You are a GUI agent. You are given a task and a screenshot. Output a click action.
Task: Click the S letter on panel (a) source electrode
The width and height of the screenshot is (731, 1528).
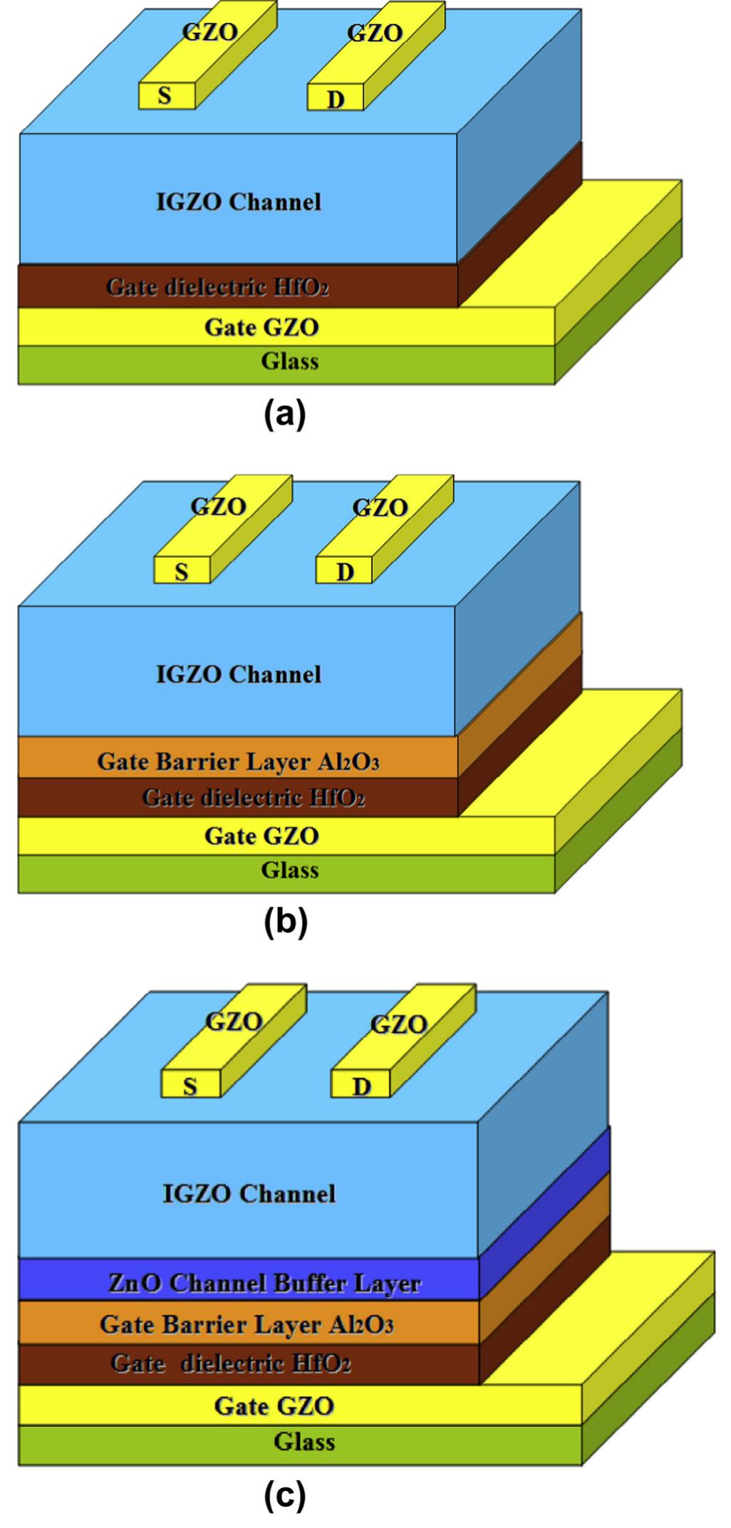(x=165, y=95)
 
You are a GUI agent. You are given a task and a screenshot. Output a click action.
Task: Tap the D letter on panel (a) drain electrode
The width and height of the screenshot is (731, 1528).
(x=336, y=99)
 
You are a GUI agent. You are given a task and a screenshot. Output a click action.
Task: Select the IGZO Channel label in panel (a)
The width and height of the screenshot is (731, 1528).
(x=239, y=202)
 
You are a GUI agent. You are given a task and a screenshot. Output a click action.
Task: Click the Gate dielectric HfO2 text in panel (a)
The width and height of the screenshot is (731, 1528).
(x=217, y=286)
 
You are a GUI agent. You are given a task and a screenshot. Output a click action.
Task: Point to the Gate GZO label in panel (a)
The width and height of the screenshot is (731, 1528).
(x=261, y=327)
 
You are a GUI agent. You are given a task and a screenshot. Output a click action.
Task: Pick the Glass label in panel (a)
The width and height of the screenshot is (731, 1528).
(x=289, y=361)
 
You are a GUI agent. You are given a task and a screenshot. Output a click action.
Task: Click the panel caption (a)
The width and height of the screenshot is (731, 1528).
(x=284, y=414)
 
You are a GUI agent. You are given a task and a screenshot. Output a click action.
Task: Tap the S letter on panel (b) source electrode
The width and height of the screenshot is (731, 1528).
(x=182, y=571)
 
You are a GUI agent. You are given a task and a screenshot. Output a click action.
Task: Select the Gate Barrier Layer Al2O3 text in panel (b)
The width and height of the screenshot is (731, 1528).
(x=238, y=762)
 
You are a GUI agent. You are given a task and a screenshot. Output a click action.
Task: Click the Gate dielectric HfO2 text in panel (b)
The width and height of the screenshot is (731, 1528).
(x=253, y=797)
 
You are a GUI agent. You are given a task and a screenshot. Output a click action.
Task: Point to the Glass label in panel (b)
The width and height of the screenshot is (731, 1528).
(x=289, y=870)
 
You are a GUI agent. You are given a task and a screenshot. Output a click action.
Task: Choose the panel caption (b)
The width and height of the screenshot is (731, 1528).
(x=285, y=922)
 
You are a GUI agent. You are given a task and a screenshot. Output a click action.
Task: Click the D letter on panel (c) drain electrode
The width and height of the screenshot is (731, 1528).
(x=361, y=1086)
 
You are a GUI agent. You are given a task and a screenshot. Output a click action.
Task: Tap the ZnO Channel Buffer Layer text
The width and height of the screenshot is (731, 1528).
(x=264, y=1283)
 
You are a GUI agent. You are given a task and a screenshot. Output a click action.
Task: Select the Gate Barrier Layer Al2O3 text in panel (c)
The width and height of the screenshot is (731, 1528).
(x=247, y=1324)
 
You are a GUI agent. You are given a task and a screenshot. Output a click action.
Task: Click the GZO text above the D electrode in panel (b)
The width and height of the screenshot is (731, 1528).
(x=380, y=507)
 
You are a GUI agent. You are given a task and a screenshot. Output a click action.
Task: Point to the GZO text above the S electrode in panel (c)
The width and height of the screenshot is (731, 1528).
(x=234, y=1022)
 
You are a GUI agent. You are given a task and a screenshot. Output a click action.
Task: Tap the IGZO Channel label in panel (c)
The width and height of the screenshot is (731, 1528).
(x=249, y=1193)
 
